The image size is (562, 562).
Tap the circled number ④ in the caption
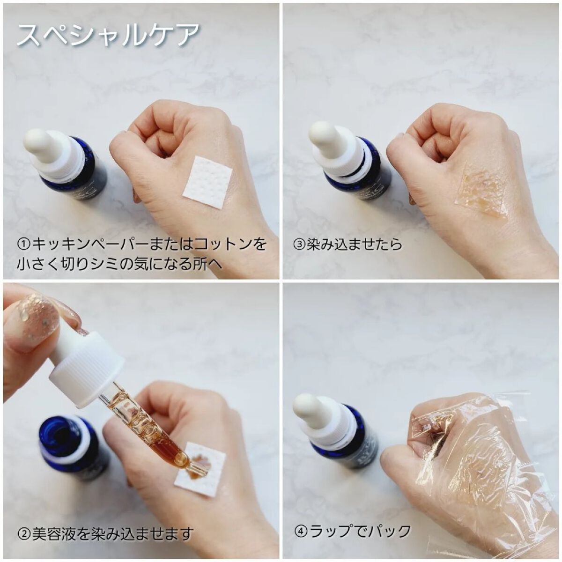tap(300, 531)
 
